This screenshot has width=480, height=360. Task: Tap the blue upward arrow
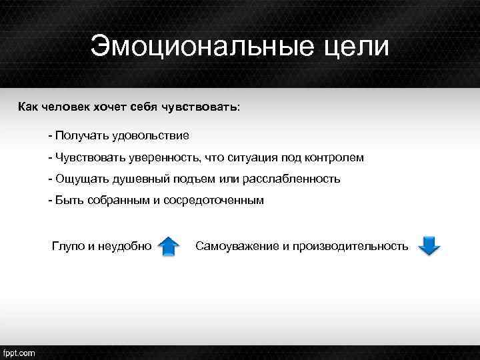click(x=169, y=247)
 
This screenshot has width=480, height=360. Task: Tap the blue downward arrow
click(x=429, y=246)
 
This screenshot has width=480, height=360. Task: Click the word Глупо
click(x=68, y=246)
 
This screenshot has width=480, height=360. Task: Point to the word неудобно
click(x=125, y=246)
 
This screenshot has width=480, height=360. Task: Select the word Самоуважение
click(x=237, y=246)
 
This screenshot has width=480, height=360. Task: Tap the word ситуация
click(x=249, y=157)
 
